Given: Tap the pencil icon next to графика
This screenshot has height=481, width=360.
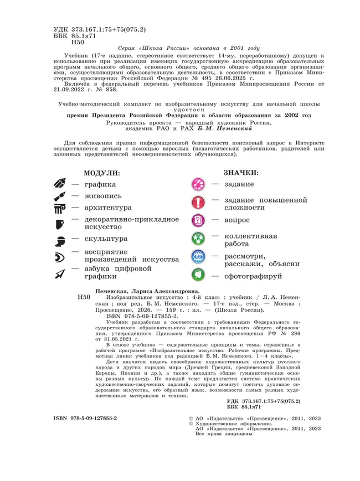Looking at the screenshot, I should click(x=60, y=184).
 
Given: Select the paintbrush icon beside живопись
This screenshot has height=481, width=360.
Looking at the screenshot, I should click(x=60, y=196).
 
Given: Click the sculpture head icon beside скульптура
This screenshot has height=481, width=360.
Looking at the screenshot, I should click(x=60, y=239).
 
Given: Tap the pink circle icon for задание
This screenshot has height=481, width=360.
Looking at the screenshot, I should click(x=198, y=184).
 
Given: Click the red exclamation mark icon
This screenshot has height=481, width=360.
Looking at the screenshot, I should click(x=198, y=203).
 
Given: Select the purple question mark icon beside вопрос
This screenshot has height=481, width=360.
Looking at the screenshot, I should click(x=198, y=221).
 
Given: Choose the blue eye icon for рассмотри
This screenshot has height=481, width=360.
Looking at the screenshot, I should click(x=198, y=257).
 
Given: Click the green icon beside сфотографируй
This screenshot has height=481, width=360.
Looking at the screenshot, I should click(x=198, y=275).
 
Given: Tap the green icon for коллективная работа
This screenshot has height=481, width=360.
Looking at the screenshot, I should click(x=198, y=239).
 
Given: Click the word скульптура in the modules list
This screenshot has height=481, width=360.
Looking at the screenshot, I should click(x=106, y=239).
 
